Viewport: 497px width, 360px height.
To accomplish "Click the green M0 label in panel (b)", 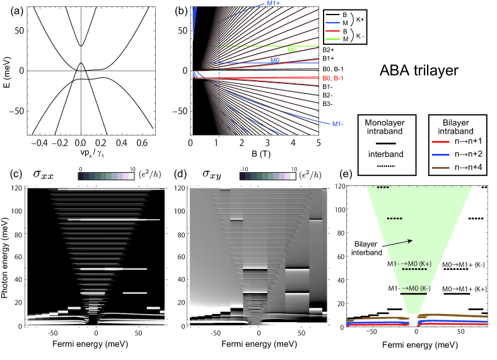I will click(292, 49).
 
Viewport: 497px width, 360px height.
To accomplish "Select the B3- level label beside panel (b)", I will click(329, 103).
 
